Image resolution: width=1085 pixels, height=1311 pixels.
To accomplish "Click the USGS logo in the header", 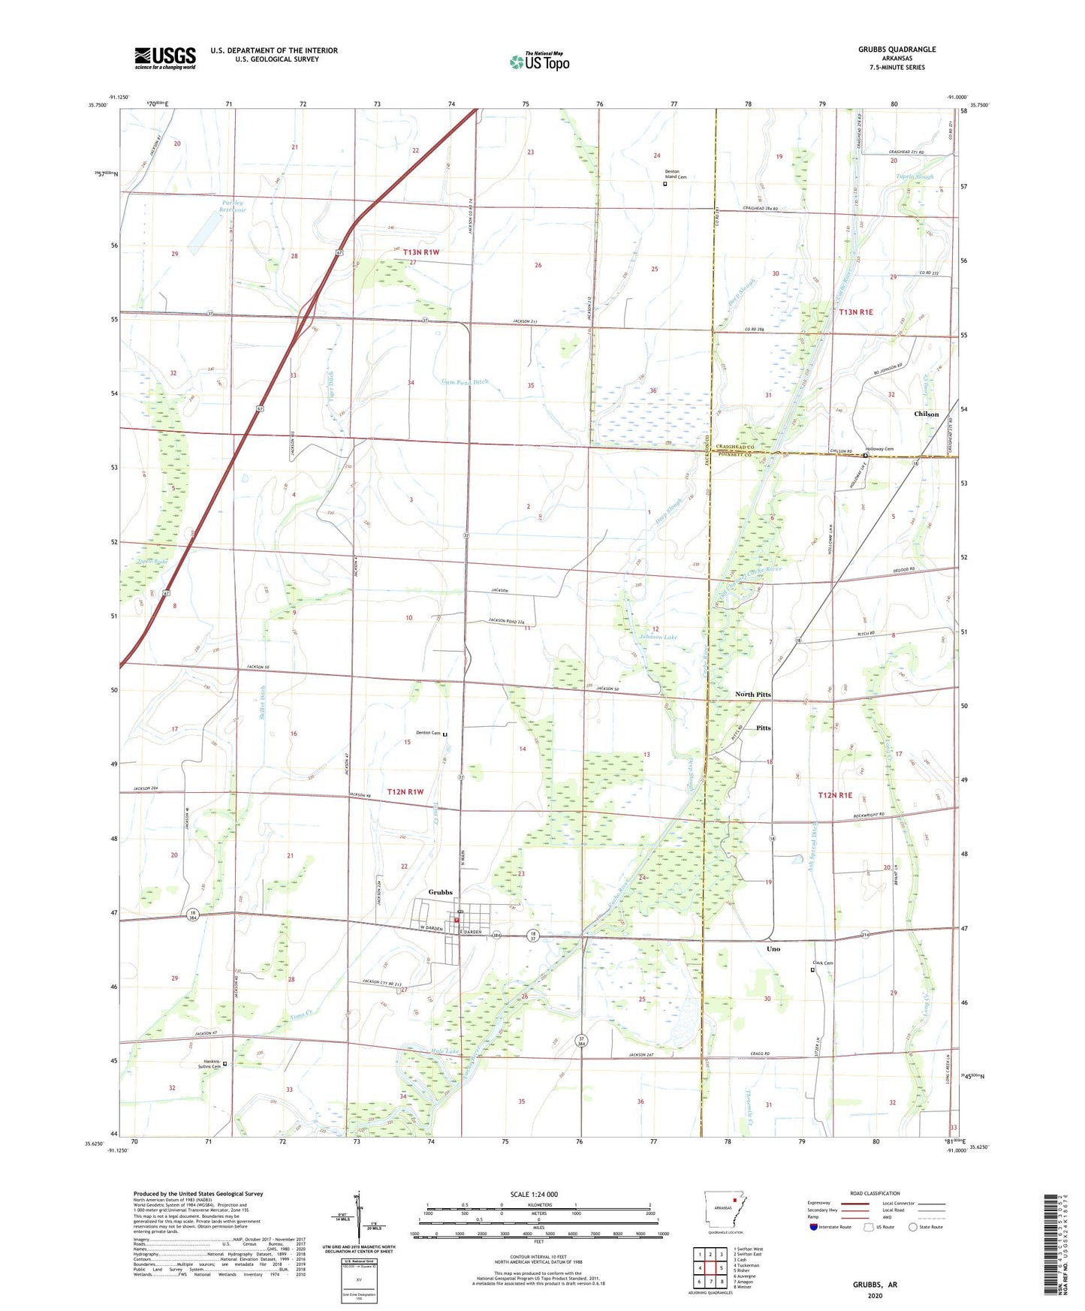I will (165, 58).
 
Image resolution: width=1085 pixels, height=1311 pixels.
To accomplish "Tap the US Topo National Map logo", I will (539, 62).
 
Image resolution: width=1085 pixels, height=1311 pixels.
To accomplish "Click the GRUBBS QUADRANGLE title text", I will (897, 50).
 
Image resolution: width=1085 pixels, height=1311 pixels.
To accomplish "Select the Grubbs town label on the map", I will (440, 892).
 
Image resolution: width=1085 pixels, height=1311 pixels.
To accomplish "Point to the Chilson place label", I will (926, 414).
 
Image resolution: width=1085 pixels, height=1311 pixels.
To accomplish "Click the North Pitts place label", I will (752, 695).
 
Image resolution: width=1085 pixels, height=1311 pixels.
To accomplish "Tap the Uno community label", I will (773, 949).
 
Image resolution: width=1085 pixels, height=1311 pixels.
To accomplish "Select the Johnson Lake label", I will (659, 637).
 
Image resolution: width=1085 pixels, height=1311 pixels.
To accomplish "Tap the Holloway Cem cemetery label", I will (880, 449).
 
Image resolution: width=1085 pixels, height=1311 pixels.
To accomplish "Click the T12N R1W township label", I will (405, 791).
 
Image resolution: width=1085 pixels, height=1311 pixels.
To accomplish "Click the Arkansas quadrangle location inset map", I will (725, 1212).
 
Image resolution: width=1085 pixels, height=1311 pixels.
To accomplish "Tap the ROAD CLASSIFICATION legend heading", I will (874, 1193).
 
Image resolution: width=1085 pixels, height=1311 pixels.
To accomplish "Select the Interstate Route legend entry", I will (833, 1226).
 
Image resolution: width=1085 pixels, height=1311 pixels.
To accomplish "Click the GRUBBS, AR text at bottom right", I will (874, 1285).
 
